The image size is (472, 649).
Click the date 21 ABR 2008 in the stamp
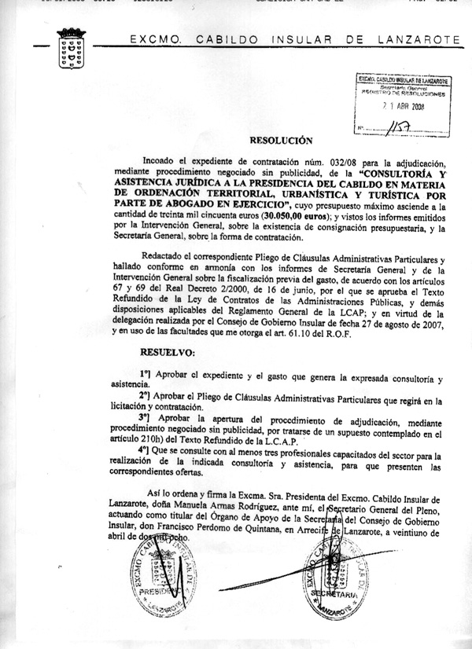(404, 107)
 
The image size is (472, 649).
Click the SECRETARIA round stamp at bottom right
(333, 577)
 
